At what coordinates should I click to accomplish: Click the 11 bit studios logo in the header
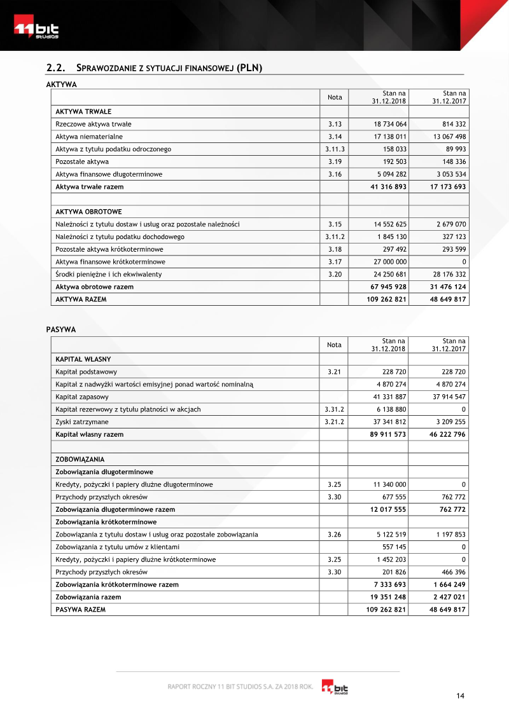(37, 29)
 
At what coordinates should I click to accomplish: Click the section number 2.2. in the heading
(57, 67)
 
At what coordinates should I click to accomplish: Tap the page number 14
(460, 696)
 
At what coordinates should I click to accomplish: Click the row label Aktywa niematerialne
(89, 137)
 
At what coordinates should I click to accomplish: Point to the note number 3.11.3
(334, 149)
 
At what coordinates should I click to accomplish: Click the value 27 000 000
(387, 262)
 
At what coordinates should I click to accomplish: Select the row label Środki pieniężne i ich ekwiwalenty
(109, 275)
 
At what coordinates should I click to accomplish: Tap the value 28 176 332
(446, 275)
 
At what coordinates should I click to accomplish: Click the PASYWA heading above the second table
(61, 329)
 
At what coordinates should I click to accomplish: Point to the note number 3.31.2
(334, 409)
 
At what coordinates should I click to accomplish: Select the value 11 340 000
(389, 484)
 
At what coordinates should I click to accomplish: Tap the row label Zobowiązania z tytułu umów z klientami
(118, 547)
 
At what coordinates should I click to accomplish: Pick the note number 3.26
(334, 535)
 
